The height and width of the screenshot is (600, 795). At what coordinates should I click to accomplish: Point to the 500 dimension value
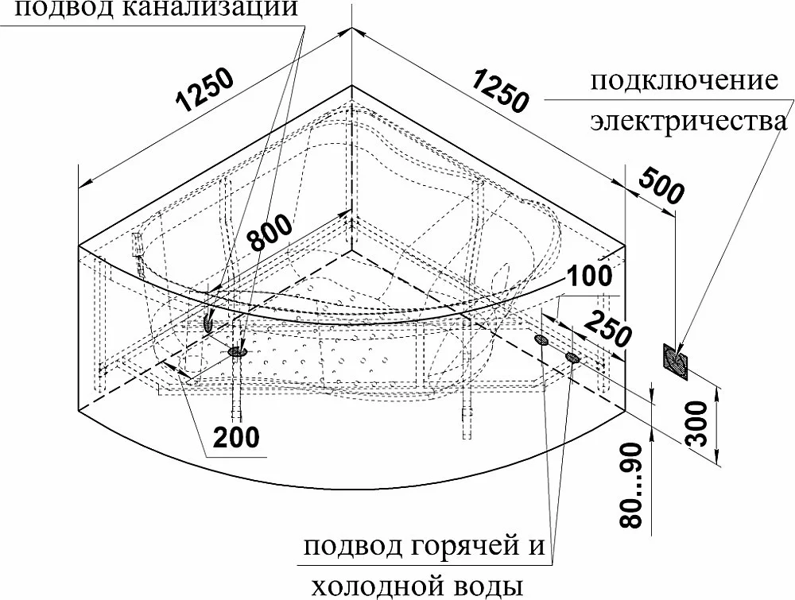661,186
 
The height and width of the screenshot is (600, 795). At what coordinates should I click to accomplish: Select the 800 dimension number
271,232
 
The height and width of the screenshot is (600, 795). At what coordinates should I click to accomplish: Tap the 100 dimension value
589,277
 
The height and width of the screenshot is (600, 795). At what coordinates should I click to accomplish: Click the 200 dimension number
236,437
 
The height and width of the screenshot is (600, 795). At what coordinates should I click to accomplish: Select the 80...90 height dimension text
632,486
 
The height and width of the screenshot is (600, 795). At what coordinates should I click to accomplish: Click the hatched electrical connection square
675,361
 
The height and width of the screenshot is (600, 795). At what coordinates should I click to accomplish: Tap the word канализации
209,9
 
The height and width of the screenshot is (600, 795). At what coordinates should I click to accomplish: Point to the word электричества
689,122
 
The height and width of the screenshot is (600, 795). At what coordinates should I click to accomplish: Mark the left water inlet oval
541,339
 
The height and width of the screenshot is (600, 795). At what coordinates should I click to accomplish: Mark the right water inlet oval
572,358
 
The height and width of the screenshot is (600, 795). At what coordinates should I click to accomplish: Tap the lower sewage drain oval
237,350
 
